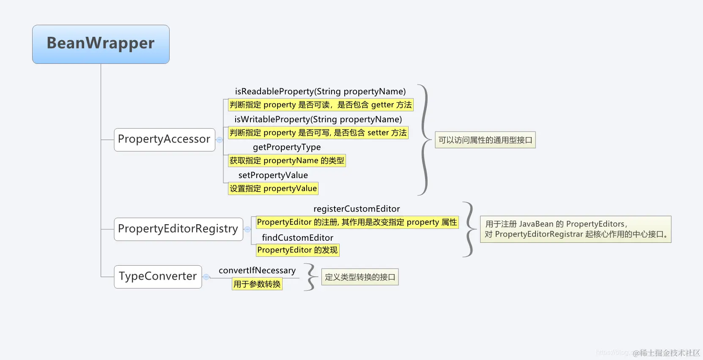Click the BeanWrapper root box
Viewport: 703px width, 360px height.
pos(101,44)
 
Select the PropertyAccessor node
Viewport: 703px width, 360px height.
pos(165,140)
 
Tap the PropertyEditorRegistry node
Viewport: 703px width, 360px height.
pos(178,229)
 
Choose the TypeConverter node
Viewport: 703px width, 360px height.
pos(158,277)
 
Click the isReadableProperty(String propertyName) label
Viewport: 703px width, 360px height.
pos(320,91)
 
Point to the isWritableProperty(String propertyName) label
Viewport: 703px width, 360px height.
pos(318,119)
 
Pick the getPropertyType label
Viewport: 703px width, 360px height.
pos(287,147)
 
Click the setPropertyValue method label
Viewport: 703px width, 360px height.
pos(273,175)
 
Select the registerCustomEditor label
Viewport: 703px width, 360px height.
pos(357,209)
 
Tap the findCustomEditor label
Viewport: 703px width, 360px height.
pos(297,238)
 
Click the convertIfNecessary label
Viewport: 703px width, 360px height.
pos(257,270)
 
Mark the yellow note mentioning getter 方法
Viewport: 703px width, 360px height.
pos(320,105)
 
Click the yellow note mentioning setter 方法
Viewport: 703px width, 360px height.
pos(318,133)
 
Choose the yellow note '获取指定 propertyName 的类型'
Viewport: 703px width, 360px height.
pos(287,161)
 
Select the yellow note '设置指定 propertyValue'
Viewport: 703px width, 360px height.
pos(273,189)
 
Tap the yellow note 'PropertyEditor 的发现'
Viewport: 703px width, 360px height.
pos(297,250)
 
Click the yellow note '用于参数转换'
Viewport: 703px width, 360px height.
pos(257,284)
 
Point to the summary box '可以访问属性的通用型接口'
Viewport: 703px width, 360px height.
pos(485,140)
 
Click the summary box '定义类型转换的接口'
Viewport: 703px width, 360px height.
pos(360,277)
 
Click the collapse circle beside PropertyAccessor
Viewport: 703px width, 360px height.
pos(220,140)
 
